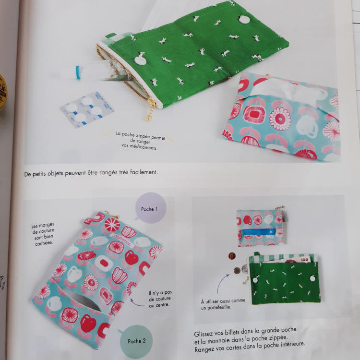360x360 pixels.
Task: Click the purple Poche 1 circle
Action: [151, 208]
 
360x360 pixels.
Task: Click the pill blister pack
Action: [87, 109]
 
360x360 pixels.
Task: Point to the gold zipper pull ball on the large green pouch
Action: [148, 119]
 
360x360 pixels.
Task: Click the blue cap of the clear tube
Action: [79, 72]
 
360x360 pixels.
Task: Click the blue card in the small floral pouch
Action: [259, 232]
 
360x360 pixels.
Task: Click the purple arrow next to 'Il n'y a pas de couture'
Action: [137, 303]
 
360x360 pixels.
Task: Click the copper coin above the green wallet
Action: [232, 256]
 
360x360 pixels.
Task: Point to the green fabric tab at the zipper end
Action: [111, 36]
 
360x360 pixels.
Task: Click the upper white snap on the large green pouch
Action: [244, 20]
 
